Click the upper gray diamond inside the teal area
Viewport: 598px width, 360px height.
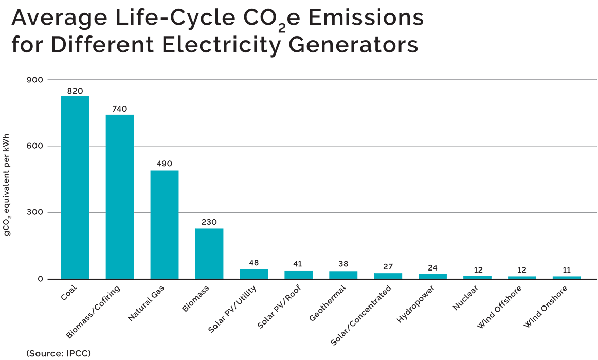click(x=95, y=146)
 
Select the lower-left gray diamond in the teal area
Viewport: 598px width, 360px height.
click(x=95, y=211)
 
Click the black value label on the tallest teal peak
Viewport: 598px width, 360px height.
click(x=75, y=91)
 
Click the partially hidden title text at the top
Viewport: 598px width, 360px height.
click(x=231, y=59)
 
